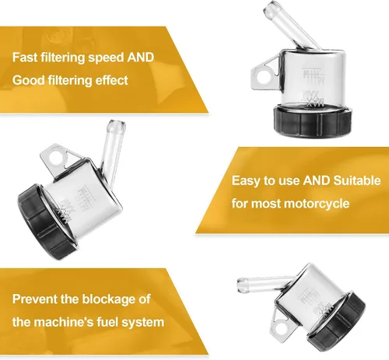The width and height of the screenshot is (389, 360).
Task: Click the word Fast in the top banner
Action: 25,58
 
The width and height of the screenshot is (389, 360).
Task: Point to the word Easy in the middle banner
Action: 246,181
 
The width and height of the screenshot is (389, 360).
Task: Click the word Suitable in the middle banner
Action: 357,180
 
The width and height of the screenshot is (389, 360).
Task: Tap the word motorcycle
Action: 317,204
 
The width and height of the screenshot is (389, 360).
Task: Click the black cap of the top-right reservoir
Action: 313,121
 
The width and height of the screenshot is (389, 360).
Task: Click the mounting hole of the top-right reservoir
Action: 264,78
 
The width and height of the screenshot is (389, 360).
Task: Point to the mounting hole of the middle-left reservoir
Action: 56,157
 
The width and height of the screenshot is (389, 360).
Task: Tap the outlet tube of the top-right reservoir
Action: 290,26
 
